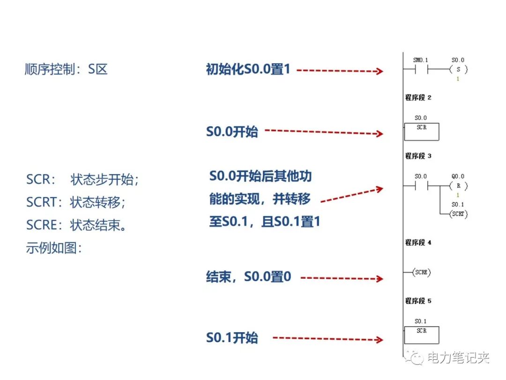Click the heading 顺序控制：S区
[x=66, y=69]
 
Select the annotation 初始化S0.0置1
[x=248, y=69]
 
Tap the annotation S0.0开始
[x=232, y=131]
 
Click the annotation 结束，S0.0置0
[x=248, y=276]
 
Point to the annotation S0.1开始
[x=232, y=338]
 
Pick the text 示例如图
[x=54, y=248]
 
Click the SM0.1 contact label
[x=421, y=61]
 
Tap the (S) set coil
[x=458, y=70]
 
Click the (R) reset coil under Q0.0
[x=458, y=186]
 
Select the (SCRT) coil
[x=458, y=213]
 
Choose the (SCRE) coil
[x=421, y=272]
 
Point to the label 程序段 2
[x=418, y=98]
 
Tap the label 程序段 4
[x=418, y=243]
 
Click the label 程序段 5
[x=418, y=301]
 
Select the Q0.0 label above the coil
[x=458, y=176]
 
